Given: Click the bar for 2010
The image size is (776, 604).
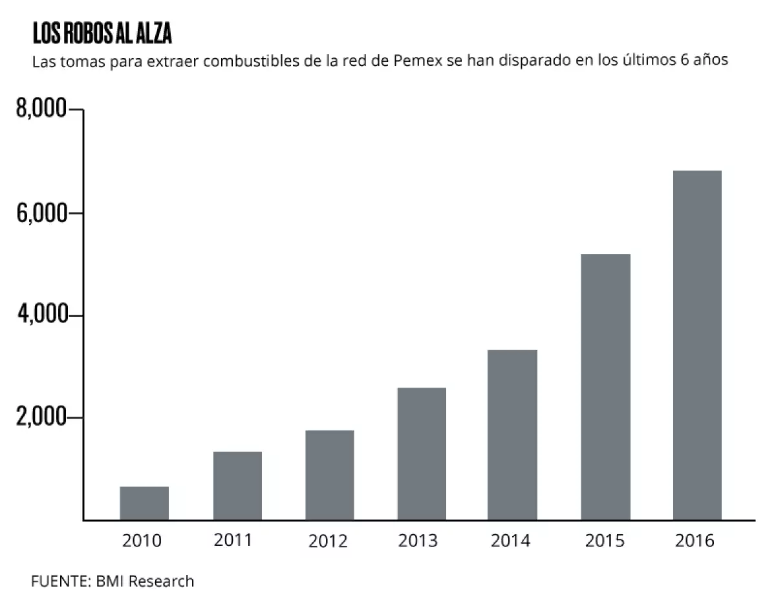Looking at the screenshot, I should pyautogui.click(x=144, y=503).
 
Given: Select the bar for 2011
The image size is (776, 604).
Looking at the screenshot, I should pyautogui.click(x=237, y=486).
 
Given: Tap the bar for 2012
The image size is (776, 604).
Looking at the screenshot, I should pyautogui.click(x=330, y=475).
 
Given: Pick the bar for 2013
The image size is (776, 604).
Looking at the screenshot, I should pyautogui.click(x=422, y=453).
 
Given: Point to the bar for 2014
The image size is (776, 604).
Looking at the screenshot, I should pyautogui.click(x=513, y=435).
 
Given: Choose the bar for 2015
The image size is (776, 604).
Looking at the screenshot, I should pyautogui.click(x=606, y=387).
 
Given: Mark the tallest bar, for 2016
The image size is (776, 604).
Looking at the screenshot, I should pyautogui.click(x=697, y=346).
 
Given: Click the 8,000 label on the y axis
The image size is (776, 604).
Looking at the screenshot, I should pyautogui.click(x=41, y=110).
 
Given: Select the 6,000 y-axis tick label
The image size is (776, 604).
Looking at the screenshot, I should pyautogui.click(x=41, y=213).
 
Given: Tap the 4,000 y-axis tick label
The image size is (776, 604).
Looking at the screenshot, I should pyautogui.click(x=41, y=315).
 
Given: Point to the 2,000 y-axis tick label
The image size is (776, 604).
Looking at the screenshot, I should pyautogui.click(x=41, y=417).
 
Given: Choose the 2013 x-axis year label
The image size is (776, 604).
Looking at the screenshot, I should pyautogui.click(x=418, y=540).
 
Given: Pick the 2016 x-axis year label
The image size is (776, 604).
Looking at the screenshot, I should pyautogui.click(x=695, y=540).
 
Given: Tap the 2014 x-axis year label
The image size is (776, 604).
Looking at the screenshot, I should pyautogui.click(x=510, y=540).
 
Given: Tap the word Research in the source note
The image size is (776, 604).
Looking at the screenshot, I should pyautogui.click(x=161, y=581).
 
